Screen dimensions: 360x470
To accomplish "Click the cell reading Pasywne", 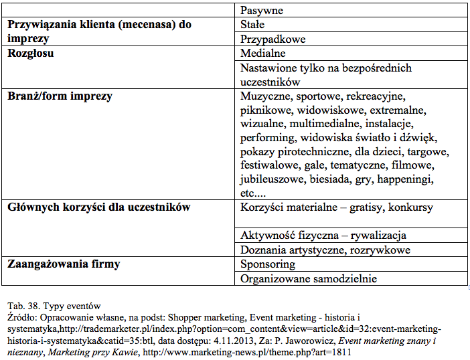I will (261, 11).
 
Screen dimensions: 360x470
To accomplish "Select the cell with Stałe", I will (252, 25).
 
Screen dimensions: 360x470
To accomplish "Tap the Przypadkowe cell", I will (272, 39).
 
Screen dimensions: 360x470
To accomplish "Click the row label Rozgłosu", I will (30, 54).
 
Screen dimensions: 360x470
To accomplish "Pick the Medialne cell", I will (263, 54).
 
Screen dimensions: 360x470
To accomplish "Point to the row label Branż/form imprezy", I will (60, 96).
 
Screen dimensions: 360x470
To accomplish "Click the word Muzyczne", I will (264, 96).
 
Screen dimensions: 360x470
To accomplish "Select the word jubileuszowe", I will (272, 179).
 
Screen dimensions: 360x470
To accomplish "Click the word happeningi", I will (404, 179).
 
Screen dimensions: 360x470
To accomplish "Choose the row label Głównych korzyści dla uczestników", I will (98, 207).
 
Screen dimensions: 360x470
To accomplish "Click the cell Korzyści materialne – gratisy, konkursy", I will (336, 207).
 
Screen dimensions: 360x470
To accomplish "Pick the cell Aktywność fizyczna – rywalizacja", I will (323, 236).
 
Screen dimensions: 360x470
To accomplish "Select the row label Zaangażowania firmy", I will (64, 264).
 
